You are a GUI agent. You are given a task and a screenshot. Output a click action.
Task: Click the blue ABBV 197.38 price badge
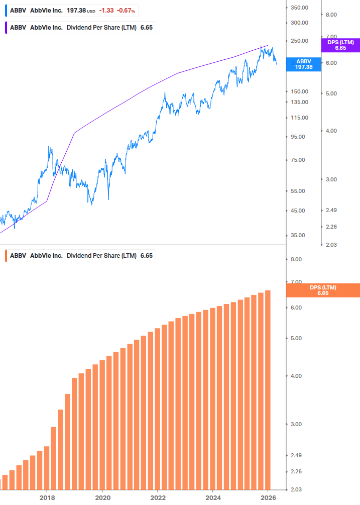304,64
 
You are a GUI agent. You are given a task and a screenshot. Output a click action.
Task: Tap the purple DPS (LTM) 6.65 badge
340,45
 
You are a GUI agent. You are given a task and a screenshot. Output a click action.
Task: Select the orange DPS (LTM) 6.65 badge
322,290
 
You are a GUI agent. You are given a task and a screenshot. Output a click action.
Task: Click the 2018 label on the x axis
47,497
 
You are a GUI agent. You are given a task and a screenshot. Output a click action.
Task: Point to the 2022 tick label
158,497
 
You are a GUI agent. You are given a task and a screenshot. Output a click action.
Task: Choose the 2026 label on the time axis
269,497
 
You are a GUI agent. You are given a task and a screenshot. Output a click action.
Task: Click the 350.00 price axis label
299,8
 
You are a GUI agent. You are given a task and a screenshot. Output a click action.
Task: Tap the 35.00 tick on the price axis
299,235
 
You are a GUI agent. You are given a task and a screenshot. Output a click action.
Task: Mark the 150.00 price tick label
299,91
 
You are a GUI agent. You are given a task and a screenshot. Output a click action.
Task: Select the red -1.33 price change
106,11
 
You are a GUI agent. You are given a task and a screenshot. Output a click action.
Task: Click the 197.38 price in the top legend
76,11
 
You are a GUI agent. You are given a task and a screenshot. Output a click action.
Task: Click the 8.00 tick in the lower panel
296,259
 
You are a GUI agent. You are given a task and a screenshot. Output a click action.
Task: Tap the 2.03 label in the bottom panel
296,489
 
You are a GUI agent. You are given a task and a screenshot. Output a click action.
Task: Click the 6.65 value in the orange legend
146,256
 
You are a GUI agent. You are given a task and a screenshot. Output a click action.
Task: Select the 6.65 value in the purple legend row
146,27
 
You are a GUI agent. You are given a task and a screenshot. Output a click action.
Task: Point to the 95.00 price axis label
299,137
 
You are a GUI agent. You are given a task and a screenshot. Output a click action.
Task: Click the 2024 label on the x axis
213,497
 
